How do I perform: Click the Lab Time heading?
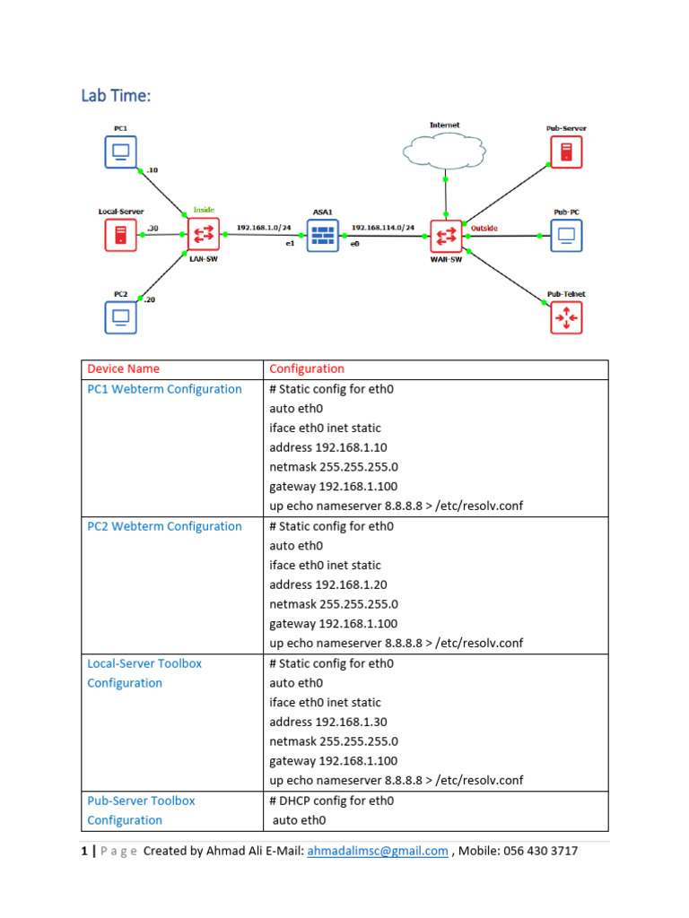point(116,95)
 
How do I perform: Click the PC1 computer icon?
point(120,151)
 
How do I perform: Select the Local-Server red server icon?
point(120,235)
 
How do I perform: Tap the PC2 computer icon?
point(120,316)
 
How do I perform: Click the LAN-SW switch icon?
point(204,235)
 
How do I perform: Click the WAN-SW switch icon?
point(445,236)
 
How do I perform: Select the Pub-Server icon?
point(566,151)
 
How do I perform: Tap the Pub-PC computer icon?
point(566,236)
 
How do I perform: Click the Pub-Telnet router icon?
point(566,317)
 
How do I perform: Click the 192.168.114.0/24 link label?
point(382,228)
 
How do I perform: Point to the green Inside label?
point(204,210)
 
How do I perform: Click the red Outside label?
point(484,228)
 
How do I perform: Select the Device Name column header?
point(124,368)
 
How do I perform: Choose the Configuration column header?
point(307,368)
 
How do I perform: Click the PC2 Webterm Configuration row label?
point(164,526)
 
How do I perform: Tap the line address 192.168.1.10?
point(327,447)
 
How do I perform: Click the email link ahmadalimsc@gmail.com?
point(377,851)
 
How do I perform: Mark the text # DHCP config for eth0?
point(332,801)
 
